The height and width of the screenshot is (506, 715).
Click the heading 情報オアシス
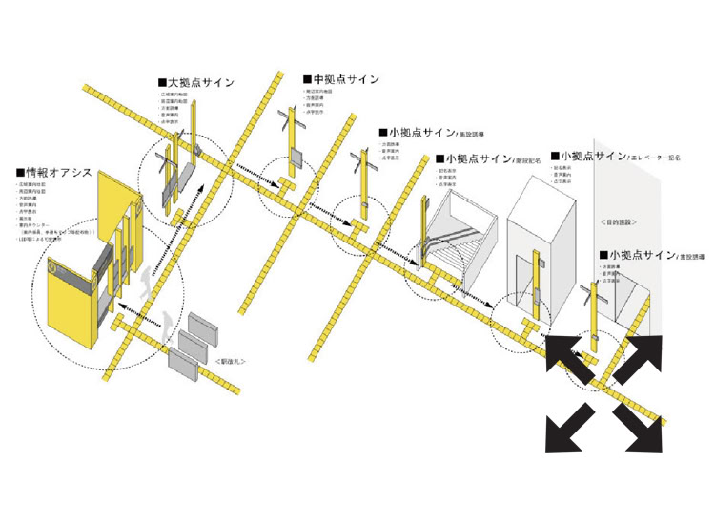[x=56, y=172]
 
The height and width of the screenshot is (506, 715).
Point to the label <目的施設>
[x=619, y=222]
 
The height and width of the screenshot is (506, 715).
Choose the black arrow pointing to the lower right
[x=639, y=426]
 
